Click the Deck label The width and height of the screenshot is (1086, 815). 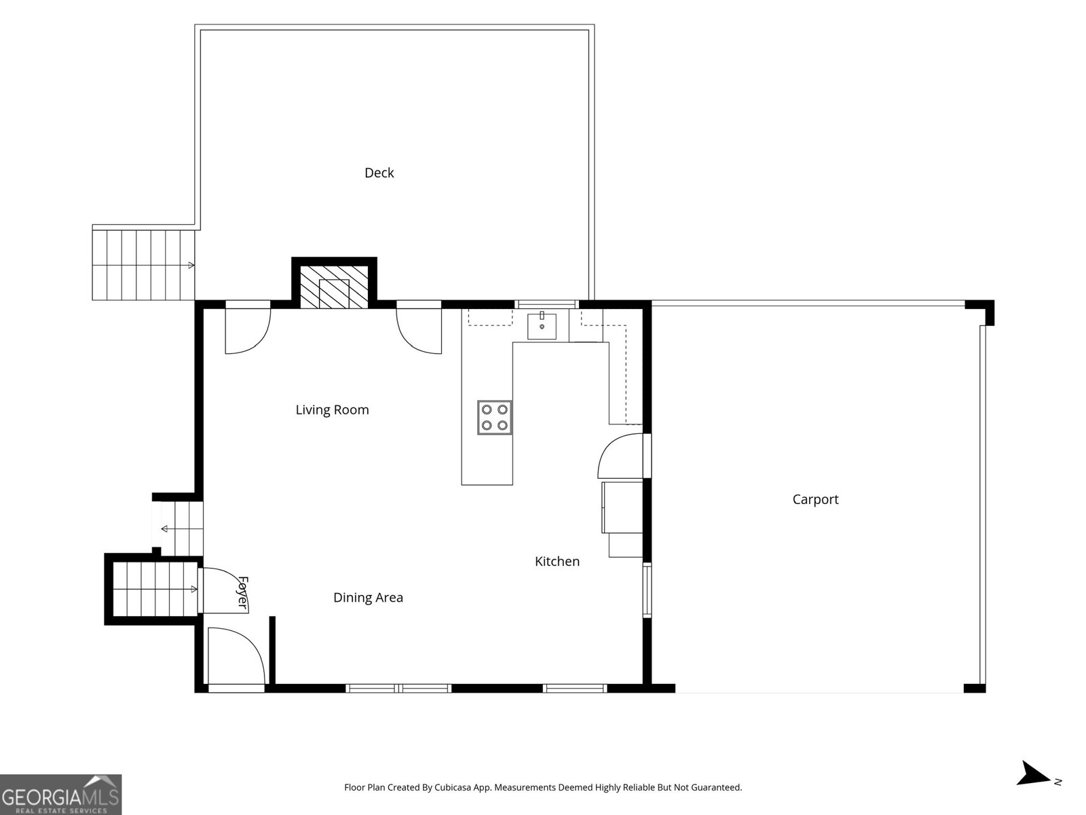pyautogui.click(x=379, y=173)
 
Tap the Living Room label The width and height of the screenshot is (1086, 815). pyautogui.click(x=332, y=410)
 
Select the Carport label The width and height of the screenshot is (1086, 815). pyautogui.click(x=815, y=499)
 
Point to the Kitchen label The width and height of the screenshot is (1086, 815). pyautogui.click(x=557, y=561)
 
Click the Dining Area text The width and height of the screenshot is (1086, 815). pyautogui.click(x=368, y=597)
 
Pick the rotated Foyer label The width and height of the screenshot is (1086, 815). pyautogui.click(x=242, y=592)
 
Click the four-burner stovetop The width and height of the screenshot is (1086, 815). pyautogui.click(x=494, y=417)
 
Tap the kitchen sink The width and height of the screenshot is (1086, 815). pyautogui.click(x=542, y=325)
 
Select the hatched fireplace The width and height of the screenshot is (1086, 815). pyautogui.click(x=335, y=287)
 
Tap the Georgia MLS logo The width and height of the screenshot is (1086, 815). pyautogui.click(x=60, y=794)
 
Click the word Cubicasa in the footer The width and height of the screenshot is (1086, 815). pyautogui.click(x=453, y=787)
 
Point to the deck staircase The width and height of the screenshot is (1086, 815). pyautogui.click(x=143, y=266)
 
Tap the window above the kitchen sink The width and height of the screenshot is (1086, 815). pyautogui.click(x=546, y=304)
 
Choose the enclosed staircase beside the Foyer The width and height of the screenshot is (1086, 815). pyautogui.click(x=155, y=589)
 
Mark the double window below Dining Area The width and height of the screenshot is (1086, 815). pyautogui.click(x=398, y=688)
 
